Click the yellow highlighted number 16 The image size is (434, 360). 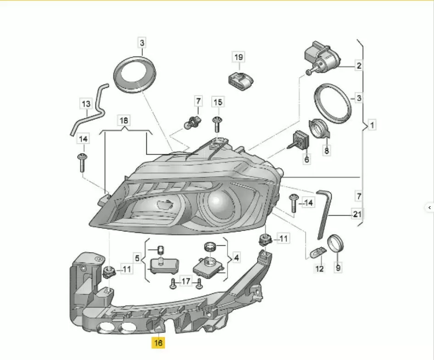pos(158,343)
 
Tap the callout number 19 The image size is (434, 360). pos(239,57)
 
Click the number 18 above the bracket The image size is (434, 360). pos(124,121)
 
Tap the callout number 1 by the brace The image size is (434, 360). pos(372,125)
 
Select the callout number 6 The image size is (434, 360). pos(306,159)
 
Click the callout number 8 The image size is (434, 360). pos(327,151)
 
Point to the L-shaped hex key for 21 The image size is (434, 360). pos(324,214)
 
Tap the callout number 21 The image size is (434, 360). pos(357,214)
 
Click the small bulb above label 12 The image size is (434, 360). pos(318,253)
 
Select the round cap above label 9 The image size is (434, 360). pos(335,244)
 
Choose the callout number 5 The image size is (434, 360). pos(137,259)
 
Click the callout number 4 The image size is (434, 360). pos(236,258)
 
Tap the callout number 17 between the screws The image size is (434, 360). pos(186,281)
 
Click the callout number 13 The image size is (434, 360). pos(86,104)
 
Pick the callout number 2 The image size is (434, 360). pos(359,66)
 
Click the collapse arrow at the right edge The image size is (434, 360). pos(429,207)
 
